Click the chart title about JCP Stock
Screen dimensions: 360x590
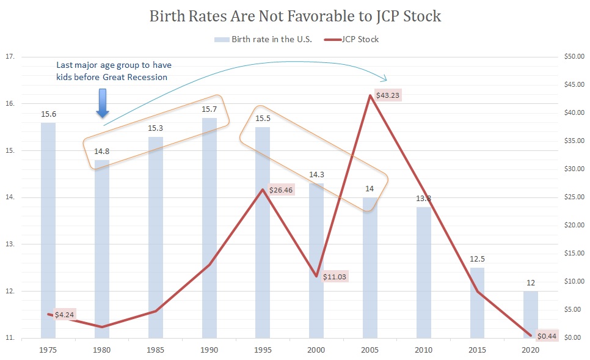tap(295, 16)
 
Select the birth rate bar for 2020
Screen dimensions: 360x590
tap(531, 314)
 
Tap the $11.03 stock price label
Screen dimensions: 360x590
tap(334, 277)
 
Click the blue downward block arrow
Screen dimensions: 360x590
tap(103, 103)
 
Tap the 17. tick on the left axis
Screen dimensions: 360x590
tap(10, 57)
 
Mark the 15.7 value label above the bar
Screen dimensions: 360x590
tap(209, 109)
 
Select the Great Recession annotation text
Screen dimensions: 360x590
tap(118, 70)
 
